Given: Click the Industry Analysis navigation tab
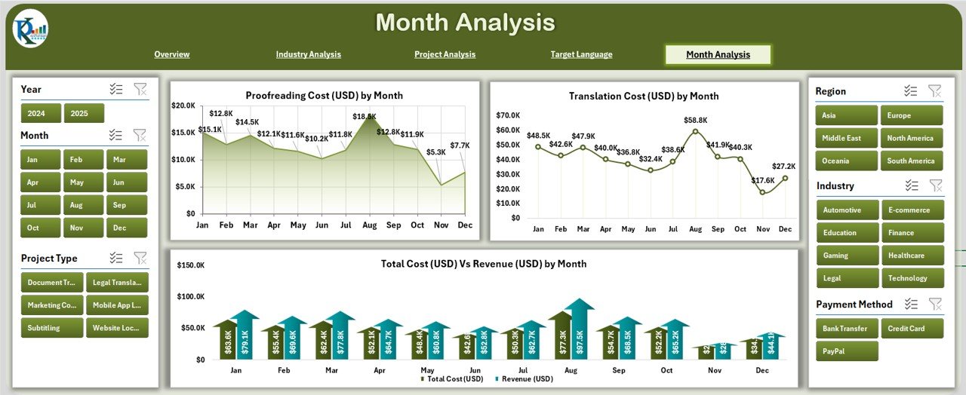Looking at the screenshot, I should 308,54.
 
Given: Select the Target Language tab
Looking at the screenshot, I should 581,54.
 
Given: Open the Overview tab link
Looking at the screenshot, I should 172,54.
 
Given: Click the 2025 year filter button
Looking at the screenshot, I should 84,114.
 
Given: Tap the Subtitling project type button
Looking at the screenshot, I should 51,328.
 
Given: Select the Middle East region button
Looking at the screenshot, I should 846,138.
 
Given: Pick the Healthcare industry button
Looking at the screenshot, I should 912,256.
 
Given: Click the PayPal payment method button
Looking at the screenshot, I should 846,351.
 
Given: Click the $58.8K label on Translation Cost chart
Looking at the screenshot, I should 695,120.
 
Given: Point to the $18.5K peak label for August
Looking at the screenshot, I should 365,116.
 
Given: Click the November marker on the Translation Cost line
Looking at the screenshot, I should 763,192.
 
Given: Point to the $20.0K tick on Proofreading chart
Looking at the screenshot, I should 183,106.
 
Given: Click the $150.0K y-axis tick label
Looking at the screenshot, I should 190,265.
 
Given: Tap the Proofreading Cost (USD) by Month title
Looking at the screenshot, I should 324,96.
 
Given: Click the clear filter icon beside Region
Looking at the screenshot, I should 934,91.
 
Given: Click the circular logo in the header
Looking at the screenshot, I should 30,29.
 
